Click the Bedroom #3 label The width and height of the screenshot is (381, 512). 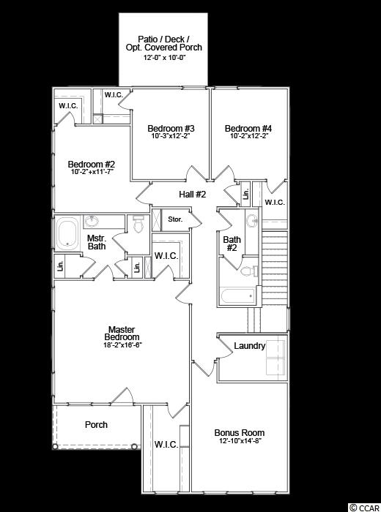coord(171,128)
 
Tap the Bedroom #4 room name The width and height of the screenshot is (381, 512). coord(248,128)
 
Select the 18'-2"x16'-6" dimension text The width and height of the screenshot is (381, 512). coord(122,345)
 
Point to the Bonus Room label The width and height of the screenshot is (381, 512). coord(240,433)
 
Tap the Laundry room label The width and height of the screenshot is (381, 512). coord(250,346)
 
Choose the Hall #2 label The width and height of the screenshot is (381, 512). coord(192,195)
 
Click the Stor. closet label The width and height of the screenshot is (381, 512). coord(175,219)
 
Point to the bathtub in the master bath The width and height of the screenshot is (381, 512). coord(67,233)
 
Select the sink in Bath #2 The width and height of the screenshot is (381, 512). coord(252,222)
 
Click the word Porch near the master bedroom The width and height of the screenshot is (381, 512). coord(96,424)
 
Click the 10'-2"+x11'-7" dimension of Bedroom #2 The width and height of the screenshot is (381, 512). coord(92,171)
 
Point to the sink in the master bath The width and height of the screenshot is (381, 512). coord(92,222)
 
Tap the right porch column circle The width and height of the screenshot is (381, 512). coord(134,446)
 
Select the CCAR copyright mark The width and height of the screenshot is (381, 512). coord(364,508)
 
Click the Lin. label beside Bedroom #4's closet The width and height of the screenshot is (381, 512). coord(246,195)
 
